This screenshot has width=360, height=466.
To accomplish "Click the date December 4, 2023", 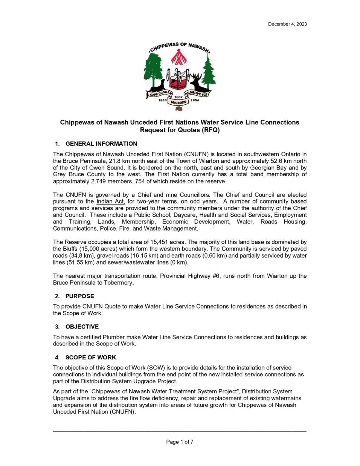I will coord(287,24).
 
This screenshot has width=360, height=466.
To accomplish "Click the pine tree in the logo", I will coord(208,74).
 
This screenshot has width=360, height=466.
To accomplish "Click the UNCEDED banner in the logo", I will coord(179,102).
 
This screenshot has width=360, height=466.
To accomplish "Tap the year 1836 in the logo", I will coord(162,100).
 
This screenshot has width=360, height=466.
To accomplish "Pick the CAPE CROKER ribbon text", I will coord(160,94).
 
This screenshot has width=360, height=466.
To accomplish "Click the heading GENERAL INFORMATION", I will coord(101,144).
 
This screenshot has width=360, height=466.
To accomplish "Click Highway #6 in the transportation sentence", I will coord(202,276).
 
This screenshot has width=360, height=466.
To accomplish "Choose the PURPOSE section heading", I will coord(79,296).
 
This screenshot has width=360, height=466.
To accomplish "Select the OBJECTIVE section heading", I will coord(82,327).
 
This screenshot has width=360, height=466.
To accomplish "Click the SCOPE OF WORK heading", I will coord(90,357).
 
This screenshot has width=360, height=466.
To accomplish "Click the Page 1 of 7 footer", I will coord(180,442).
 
